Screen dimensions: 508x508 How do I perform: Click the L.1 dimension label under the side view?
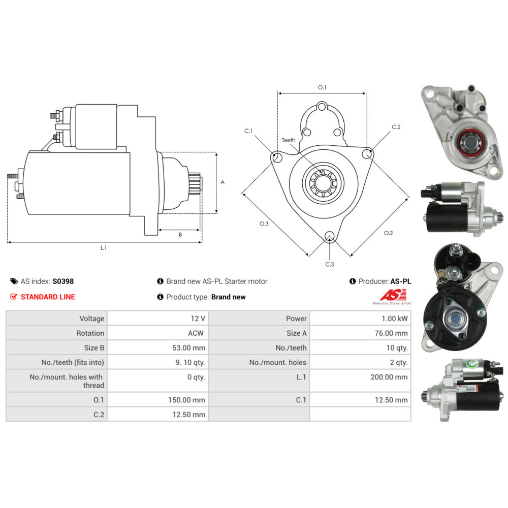point(103,248)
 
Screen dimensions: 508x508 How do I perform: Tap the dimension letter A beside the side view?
point(223,182)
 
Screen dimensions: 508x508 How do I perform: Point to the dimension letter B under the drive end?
point(180,235)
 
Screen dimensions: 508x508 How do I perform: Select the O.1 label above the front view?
point(322,87)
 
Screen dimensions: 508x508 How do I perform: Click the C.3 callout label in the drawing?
point(330,264)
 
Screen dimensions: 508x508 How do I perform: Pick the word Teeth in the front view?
point(289,140)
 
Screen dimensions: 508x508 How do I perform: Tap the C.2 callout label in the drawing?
point(396,127)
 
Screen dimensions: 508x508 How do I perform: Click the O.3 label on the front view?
point(264,224)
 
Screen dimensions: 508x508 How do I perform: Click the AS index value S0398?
point(63,281)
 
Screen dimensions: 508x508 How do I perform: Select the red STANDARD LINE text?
point(48,297)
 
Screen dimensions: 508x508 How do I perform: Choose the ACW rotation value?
point(196,333)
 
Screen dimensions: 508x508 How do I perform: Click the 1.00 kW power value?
point(395,319)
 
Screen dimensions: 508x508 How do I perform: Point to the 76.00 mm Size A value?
point(391,333)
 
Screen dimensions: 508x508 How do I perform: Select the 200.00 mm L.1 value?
point(389,377)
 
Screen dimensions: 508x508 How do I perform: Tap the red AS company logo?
point(393,295)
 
